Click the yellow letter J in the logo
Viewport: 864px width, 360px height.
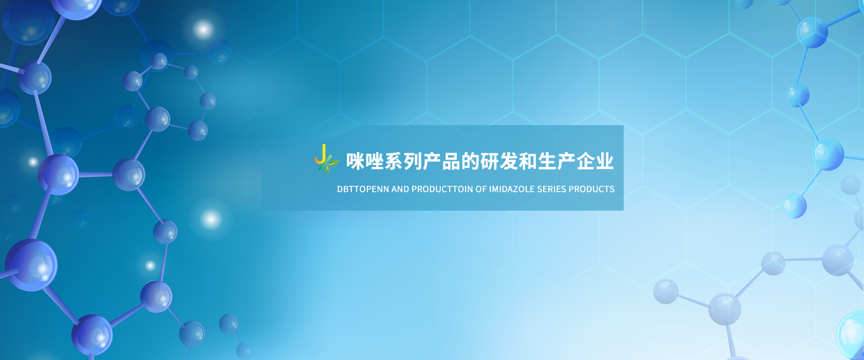(x=320, y=154)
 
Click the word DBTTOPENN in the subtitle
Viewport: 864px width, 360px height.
(x=363, y=189)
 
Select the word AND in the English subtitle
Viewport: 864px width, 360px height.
(x=400, y=189)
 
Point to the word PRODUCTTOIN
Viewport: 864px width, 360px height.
(x=442, y=189)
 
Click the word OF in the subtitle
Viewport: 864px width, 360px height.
(x=481, y=189)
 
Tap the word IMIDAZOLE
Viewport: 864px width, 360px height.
(x=512, y=189)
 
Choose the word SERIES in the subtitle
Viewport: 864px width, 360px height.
(x=552, y=189)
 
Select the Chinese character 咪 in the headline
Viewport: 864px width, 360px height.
(x=355, y=161)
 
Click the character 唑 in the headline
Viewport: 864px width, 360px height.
(x=374, y=161)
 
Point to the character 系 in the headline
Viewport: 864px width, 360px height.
(x=394, y=161)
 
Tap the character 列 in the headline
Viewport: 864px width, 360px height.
(x=413, y=161)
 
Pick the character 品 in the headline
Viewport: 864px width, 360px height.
(x=451, y=161)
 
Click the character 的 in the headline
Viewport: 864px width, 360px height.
(x=471, y=161)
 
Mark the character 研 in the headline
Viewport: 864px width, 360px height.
(x=490, y=161)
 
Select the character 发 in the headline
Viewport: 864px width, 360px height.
(x=509, y=161)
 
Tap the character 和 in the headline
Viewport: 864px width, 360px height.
(x=528, y=161)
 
